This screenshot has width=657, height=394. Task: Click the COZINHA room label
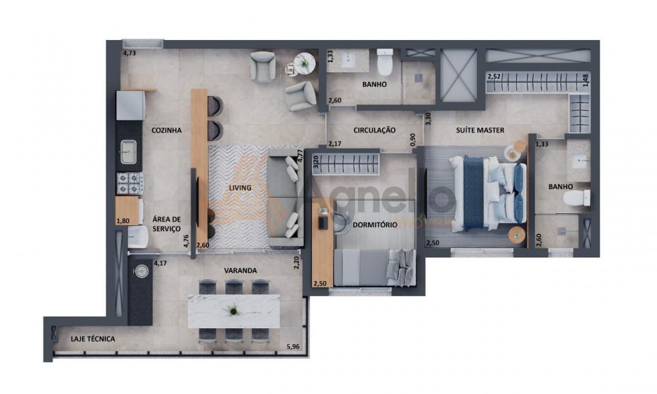(166, 130)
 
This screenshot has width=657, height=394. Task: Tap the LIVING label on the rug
(240, 188)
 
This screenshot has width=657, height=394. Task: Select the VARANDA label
(240, 271)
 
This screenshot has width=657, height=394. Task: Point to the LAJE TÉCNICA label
(93, 339)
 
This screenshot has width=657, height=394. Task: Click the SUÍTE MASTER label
(480, 130)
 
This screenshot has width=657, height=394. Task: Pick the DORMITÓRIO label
(375, 225)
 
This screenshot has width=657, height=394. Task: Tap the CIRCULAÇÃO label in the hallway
(374, 130)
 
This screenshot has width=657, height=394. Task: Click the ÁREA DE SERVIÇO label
(166, 224)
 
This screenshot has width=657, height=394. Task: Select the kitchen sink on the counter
(128, 152)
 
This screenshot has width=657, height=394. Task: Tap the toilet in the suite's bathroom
(577, 198)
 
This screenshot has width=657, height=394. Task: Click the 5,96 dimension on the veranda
(293, 346)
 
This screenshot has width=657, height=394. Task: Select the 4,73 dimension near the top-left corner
(129, 53)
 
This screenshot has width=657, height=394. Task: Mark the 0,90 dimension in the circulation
(413, 140)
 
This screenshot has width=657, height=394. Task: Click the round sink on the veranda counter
(141, 271)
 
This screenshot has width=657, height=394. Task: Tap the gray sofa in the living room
(285, 198)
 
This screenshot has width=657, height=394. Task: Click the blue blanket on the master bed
(474, 192)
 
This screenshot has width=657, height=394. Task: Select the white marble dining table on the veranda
(234, 311)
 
